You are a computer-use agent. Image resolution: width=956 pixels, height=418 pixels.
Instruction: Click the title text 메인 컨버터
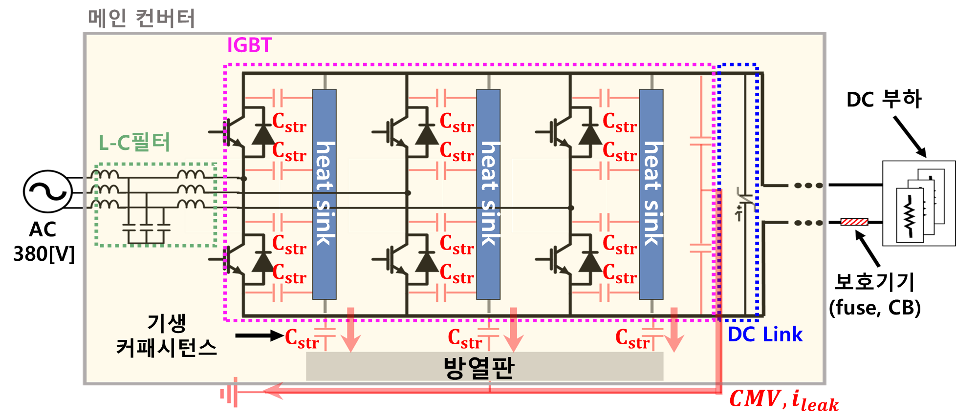(x=141, y=19)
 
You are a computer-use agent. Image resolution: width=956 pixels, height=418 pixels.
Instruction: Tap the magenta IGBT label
(x=249, y=45)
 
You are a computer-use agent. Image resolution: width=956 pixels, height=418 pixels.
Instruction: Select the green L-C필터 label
(x=134, y=143)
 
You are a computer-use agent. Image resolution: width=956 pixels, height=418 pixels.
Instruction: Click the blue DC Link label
(x=765, y=334)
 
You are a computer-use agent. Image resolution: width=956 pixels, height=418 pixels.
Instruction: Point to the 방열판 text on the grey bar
(x=478, y=368)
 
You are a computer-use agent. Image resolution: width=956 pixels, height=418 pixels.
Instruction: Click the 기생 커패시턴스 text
(x=166, y=336)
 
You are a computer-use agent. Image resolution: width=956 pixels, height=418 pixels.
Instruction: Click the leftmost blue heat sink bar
(x=325, y=194)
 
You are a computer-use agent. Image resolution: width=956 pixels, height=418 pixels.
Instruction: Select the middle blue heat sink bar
(x=488, y=194)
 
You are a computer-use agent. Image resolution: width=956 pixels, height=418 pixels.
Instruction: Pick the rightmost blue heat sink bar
(x=652, y=194)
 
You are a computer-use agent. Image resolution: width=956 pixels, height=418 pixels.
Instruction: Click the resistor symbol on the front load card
(x=909, y=215)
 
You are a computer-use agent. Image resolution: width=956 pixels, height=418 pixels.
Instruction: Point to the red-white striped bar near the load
(x=854, y=222)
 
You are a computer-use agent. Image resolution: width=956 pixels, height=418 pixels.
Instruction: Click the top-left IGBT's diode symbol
(x=263, y=134)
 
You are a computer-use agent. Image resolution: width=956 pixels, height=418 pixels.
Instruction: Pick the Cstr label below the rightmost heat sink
(x=632, y=338)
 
